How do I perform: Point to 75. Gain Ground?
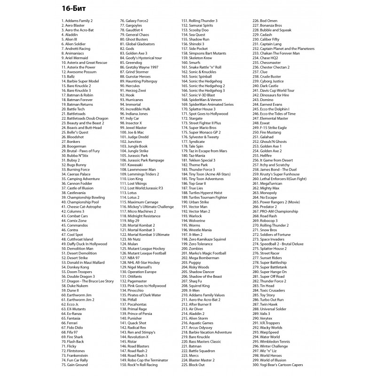coord(74,364)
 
